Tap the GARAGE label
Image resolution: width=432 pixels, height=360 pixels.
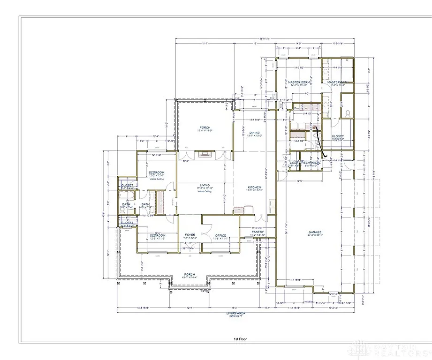(x=315, y=232)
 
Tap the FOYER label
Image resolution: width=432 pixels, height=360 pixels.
(x=190, y=235)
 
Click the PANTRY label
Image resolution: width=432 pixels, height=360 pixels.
(x=258, y=232)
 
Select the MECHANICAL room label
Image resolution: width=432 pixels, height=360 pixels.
(x=311, y=163)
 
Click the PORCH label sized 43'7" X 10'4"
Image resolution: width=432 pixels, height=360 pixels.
(x=189, y=274)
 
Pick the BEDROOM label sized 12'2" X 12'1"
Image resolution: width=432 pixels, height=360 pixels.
(x=157, y=172)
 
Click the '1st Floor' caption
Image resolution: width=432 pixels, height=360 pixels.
(x=240, y=338)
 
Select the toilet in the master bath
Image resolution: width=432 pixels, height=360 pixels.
(x=348, y=113)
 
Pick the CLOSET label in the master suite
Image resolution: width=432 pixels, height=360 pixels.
(x=338, y=136)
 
